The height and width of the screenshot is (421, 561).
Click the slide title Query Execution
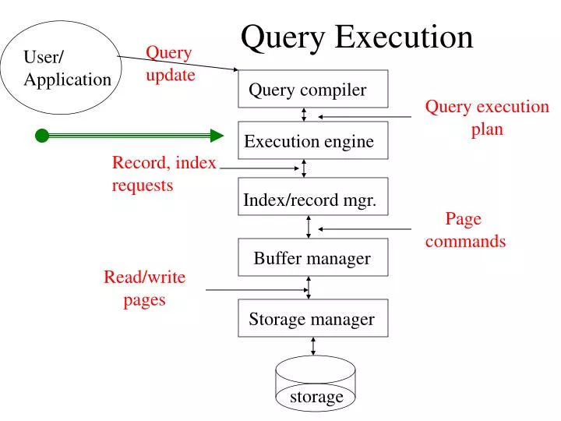[x=357, y=37]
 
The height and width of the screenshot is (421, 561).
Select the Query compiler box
[x=312, y=89]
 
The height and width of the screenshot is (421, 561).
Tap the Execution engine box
[x=312, y=140]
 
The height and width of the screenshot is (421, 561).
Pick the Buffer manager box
[x=312, y=257]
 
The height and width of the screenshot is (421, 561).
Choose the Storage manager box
[x=312, y=318]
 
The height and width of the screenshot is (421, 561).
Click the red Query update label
[x=170, y=64]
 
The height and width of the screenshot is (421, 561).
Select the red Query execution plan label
[x=486, y=118]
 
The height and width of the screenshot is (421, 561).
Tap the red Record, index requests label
[x=164, y=173]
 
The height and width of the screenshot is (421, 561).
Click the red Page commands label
[x=465, y=230]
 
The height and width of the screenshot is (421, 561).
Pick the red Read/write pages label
[x=144, y=288]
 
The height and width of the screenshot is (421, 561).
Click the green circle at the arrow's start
[x=42, y=136]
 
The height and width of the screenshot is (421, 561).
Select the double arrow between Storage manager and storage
[x=313, y=346]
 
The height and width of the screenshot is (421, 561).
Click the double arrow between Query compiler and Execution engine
[x=304, y=115]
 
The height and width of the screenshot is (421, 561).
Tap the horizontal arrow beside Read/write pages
[x=257, y=289]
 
